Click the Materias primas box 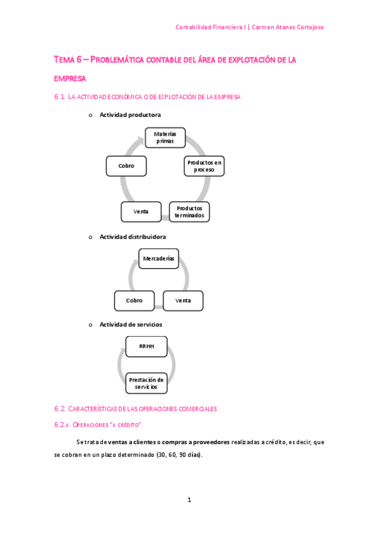point(165,138)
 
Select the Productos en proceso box point(204,166)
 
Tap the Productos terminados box point(189,211)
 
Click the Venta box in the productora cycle point(141,211)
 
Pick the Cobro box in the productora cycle point(126,166)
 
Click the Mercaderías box point(158,259)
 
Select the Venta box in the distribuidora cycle point(183,300)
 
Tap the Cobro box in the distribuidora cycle point(134,300)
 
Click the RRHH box point(146,346)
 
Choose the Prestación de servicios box point(146,383)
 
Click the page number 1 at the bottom point(189,500)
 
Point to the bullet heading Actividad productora point(130,115)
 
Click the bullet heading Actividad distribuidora point(133,237)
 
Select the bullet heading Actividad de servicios point(131,324)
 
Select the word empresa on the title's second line point(69,78)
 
